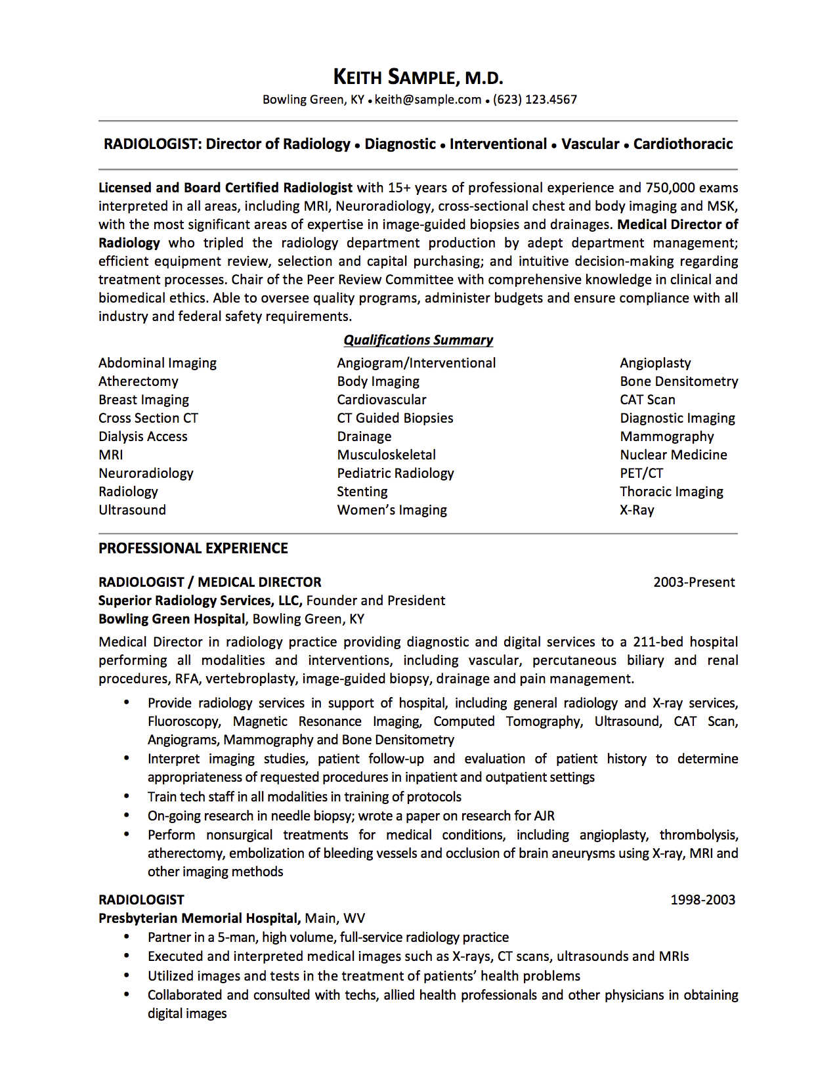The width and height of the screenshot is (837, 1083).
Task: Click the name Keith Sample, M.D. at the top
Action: click(418, 77)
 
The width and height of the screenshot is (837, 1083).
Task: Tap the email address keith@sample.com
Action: click(428, 100)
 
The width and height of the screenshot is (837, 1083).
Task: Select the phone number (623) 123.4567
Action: click(534, 100)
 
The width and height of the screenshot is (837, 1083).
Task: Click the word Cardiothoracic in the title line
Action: click(683, 144)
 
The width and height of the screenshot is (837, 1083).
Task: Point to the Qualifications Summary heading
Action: click(418, 340)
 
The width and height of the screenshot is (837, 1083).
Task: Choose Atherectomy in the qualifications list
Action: click(139, 381)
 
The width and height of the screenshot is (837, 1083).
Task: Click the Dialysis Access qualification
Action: click(143, 436)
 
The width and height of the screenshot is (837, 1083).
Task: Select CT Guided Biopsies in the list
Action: click(395, 418)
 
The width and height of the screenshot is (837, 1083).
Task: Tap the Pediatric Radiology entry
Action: click(395, 473)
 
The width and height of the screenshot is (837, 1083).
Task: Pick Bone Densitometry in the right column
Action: click(679, 381)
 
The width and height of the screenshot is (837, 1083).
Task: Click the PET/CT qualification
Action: click(641, 473)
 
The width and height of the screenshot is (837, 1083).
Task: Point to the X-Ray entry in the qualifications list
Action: click(637, 510)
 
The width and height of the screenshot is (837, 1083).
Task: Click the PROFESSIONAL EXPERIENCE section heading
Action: click(193, 548)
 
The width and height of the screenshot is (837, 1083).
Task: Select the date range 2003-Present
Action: click(694, 582)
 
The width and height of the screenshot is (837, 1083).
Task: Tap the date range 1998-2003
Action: click(702, 900)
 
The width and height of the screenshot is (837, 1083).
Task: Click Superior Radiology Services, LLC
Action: click(200, 601)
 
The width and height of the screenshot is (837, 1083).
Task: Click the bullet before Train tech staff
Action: click(127, 796)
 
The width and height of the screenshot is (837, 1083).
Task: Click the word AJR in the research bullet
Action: click(544, 816)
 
